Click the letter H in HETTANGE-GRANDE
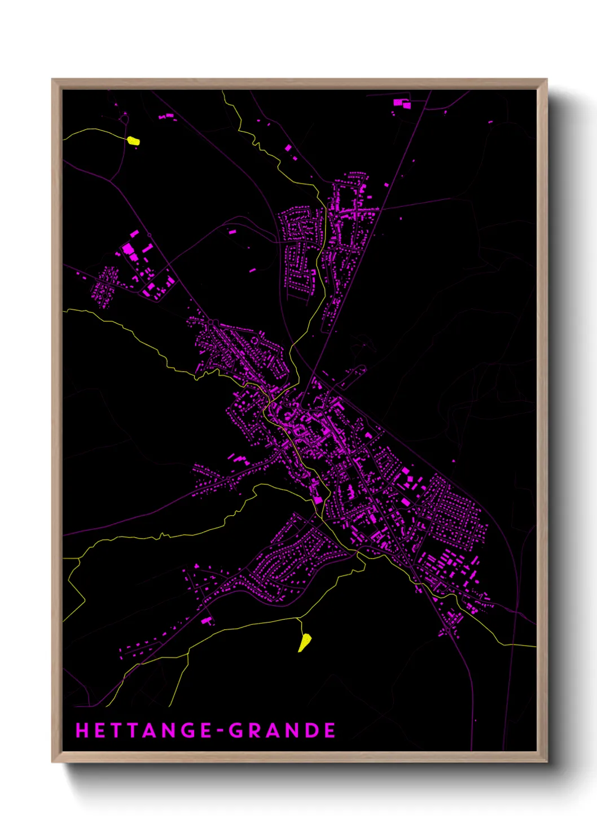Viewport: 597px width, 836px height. (x=82, y=730)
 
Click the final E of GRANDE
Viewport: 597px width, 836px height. (x=330, y=730)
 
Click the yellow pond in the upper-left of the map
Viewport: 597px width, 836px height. (x=133, y=141)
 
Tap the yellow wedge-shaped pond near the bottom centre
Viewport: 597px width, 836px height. (x=304, y=642)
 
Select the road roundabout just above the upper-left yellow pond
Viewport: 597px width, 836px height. (x=124, y=119)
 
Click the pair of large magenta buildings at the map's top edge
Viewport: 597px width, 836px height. (x=402, y=103)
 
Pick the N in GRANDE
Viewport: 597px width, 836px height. (x=290, y=730)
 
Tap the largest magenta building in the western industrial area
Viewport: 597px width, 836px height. (x=128, y=249)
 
